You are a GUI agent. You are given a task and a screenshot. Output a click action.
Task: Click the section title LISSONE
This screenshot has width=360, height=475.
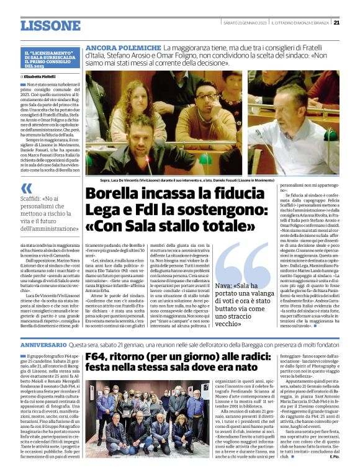[x=50, y=25]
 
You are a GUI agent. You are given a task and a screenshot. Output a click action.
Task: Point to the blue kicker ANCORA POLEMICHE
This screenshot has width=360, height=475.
[x=123, y=48]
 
